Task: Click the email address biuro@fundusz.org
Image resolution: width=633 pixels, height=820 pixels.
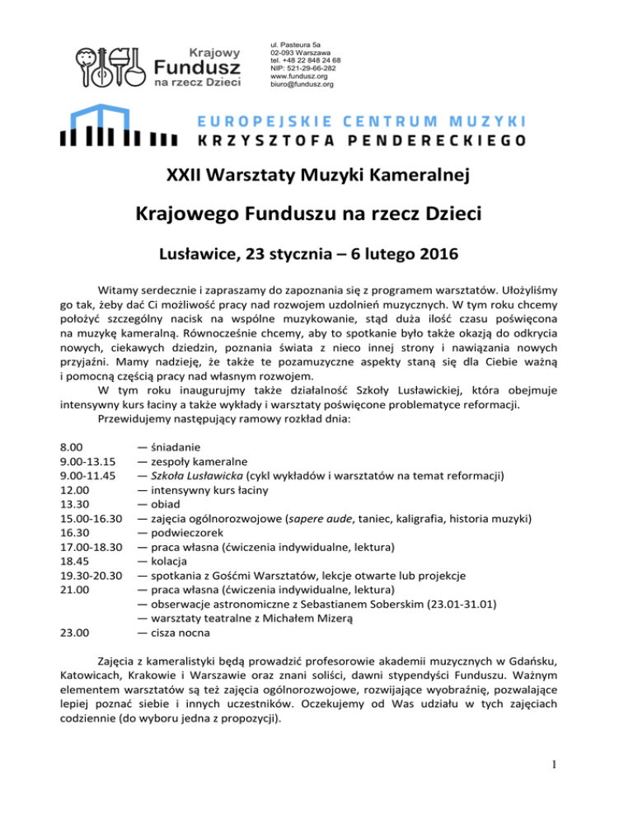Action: coord(302,84)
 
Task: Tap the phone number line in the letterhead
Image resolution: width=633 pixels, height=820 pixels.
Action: coord(306,60)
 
